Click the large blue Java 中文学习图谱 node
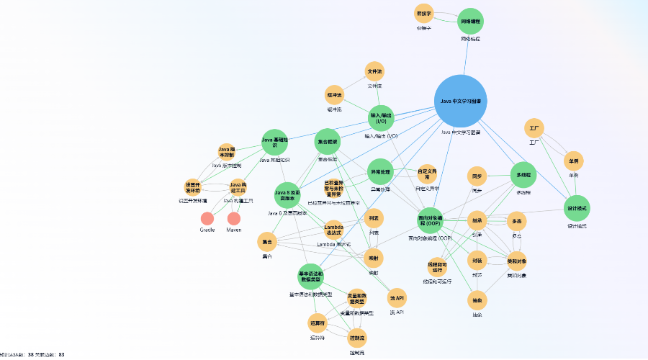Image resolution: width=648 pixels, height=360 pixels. coord(462,101)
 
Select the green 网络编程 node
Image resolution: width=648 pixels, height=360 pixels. coord(471,22)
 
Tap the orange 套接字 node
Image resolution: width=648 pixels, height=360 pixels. coord(424,14)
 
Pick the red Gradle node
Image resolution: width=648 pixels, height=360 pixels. coord(207,218)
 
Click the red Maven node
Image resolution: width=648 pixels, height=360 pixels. coord(234,218)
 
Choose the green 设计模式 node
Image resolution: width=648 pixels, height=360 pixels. coord(577,208)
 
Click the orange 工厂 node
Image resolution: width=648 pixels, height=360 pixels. coord(534,128)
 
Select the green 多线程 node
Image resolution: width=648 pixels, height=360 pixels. coord(523,175)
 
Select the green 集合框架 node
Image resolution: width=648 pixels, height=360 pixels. coord(328,142)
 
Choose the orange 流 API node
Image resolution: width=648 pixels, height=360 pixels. coord(397,297)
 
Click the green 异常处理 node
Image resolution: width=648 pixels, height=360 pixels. coord(380,172)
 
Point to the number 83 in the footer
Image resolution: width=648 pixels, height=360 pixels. coord(62,355)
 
